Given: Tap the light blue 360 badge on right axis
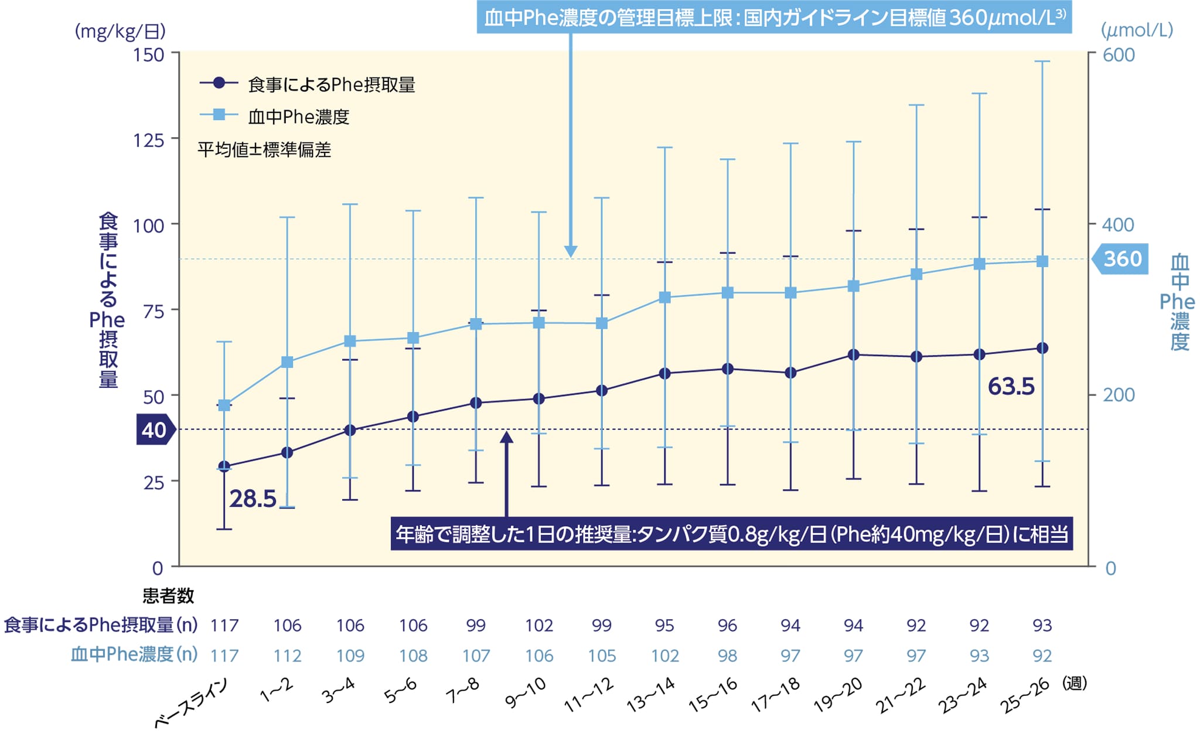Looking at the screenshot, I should pos(1120,259).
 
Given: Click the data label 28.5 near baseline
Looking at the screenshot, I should pos(253,499).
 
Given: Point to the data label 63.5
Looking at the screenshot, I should pos(1011,387).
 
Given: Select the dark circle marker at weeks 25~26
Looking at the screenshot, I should pos(1042,348).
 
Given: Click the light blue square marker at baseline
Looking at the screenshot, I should pos(224,405).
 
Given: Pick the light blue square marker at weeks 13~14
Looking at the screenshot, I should pos(664,298).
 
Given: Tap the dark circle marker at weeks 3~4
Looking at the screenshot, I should pos(350,430).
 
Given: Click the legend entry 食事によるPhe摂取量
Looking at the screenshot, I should pos(331,85).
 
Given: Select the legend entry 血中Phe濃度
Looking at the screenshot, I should pos(298,117).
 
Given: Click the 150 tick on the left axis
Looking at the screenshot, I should pos(148,54).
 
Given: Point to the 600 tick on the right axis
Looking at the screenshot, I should pos(1119,54).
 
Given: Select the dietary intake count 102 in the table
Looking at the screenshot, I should pos(538,625).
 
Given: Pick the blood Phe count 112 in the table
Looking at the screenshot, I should pos(287,656).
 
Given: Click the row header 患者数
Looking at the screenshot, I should pos(168,596).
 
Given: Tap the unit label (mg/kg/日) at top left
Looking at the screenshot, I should pos(120,31).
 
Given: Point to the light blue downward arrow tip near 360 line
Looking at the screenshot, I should pos(570,253).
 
